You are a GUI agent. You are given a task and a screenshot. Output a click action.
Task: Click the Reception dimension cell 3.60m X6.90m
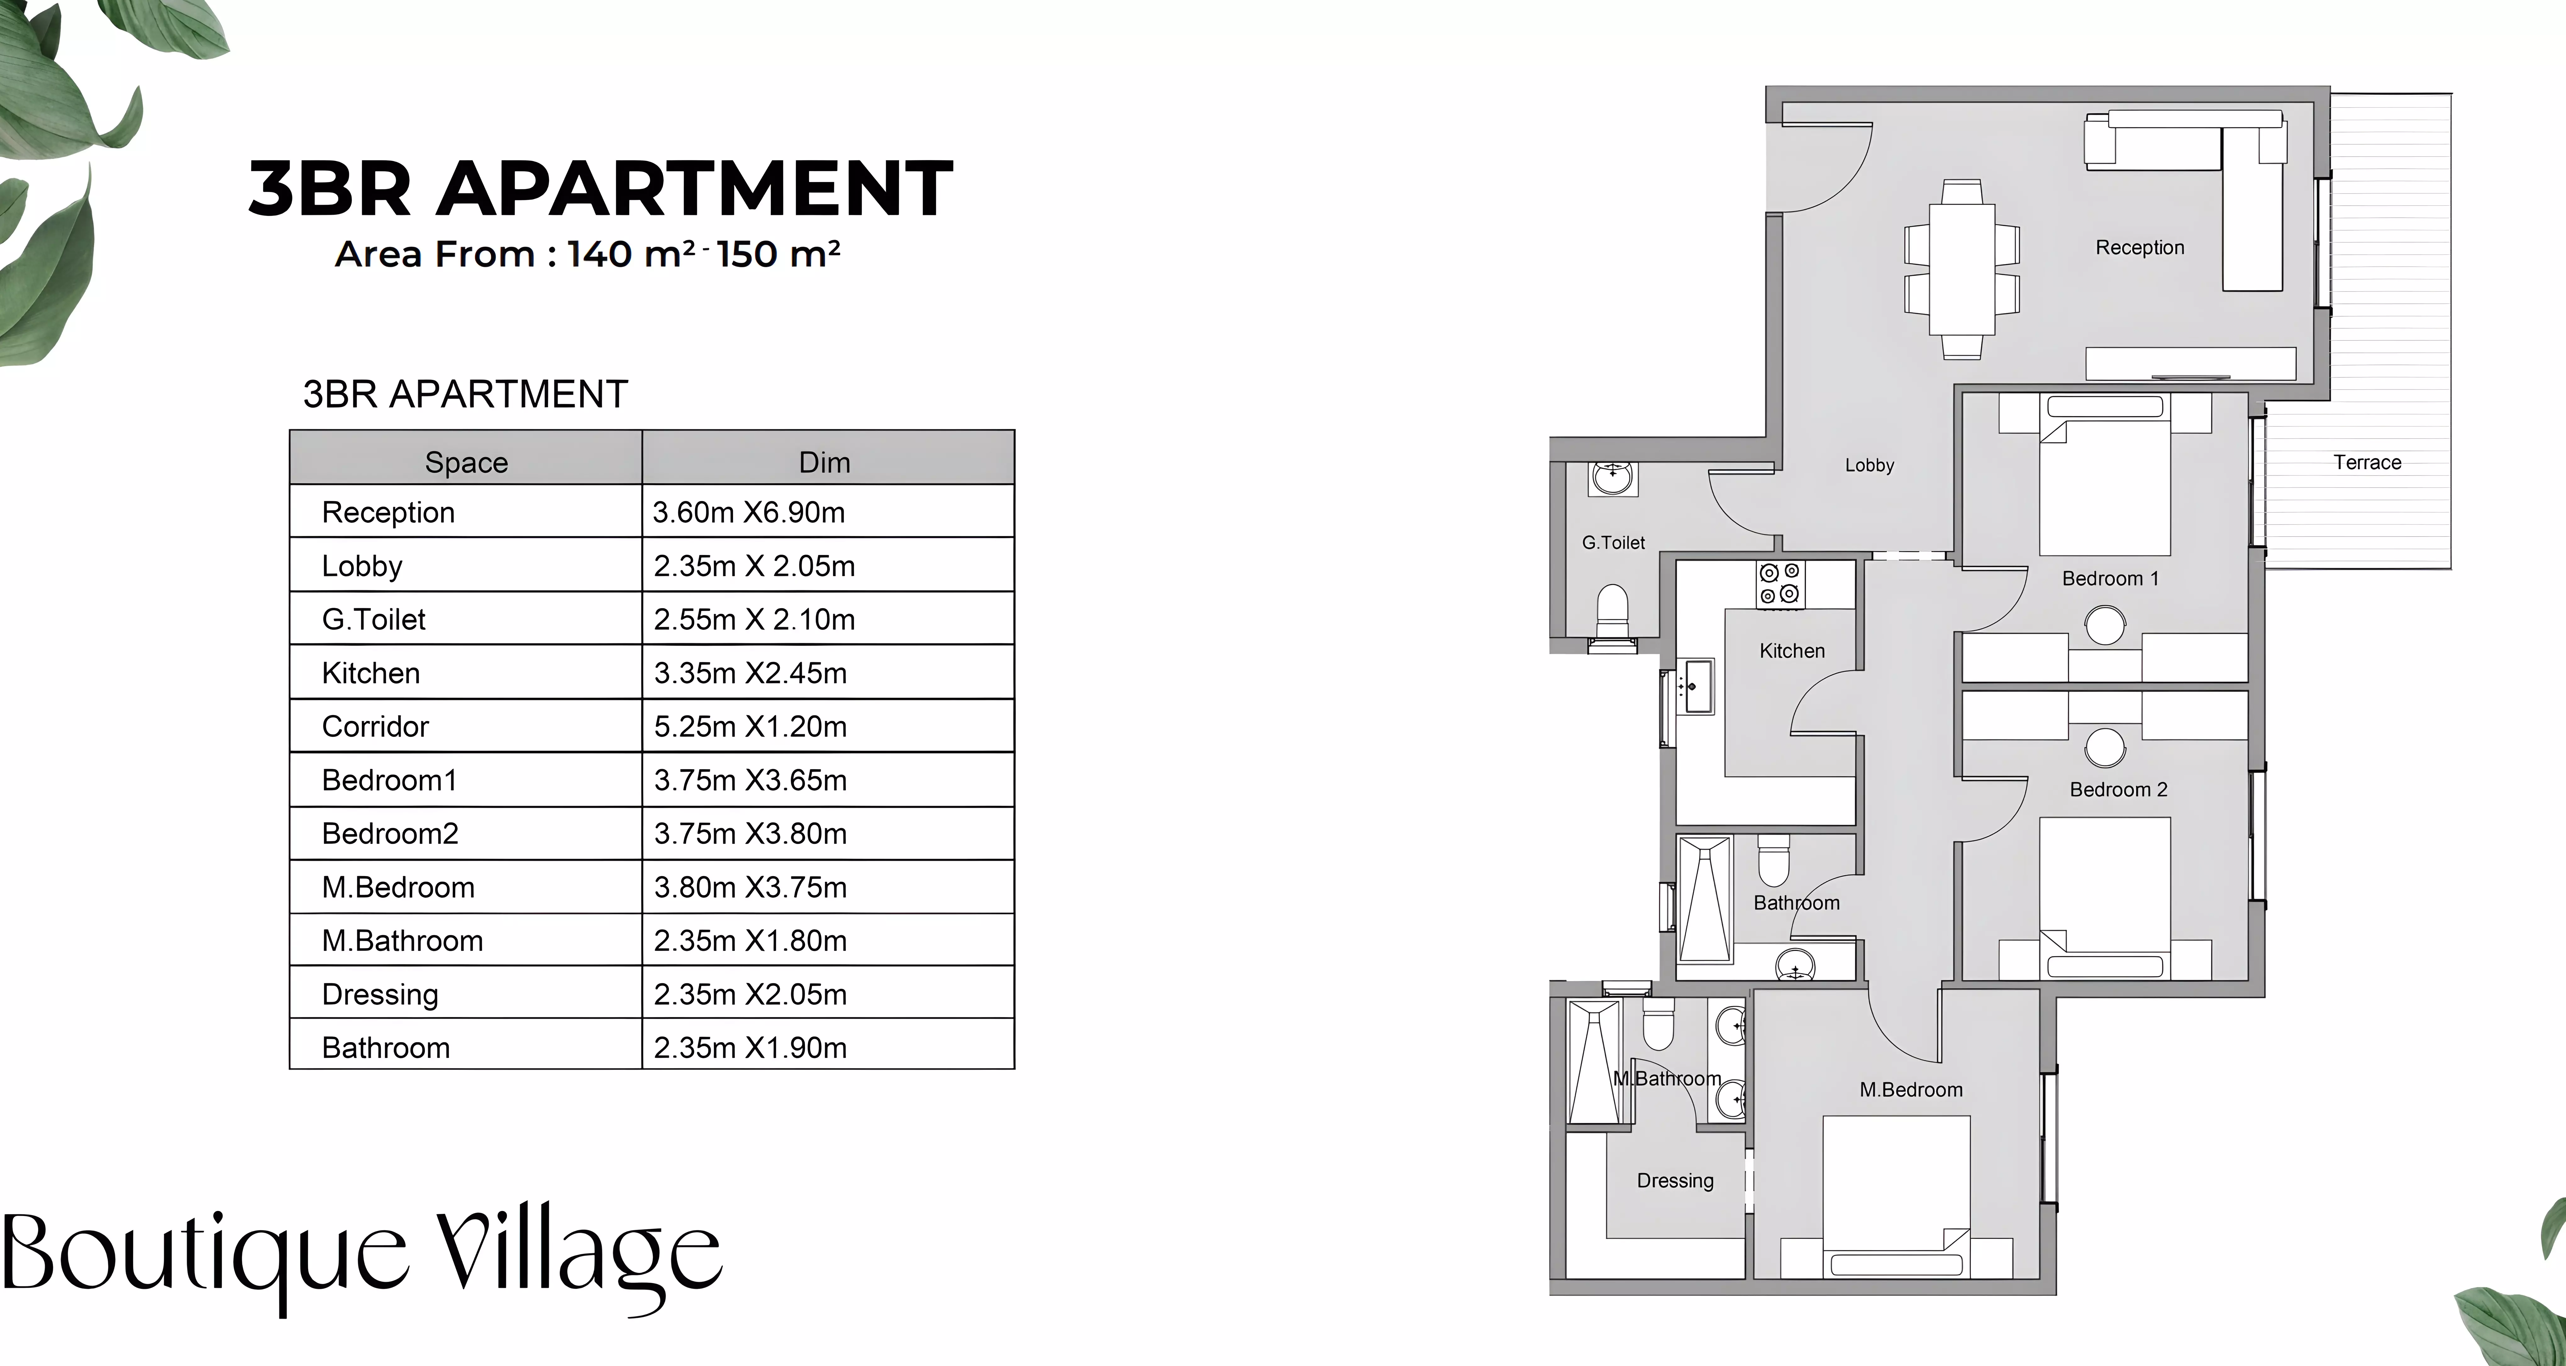[749, 512]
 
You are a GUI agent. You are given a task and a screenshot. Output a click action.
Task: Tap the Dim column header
[825, 462]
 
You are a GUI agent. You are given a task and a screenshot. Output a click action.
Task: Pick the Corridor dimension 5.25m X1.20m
[750, 726]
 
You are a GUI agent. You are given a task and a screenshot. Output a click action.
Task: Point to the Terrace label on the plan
[2367, 462]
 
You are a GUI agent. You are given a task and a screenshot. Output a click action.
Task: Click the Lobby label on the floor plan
[1869, 465]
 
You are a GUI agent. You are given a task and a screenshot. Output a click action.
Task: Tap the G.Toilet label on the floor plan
[1614, 543]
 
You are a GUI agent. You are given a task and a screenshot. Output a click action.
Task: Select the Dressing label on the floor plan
[1675, 1181]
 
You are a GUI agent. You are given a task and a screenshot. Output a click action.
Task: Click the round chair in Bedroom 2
[2105, 747]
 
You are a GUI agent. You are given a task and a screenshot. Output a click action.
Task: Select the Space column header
[466, 462]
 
